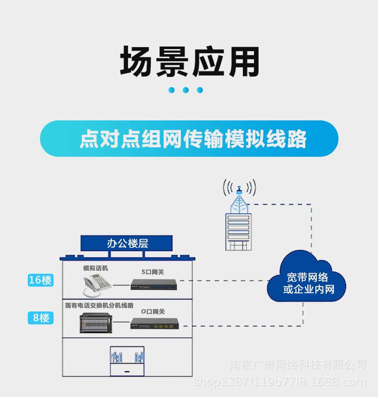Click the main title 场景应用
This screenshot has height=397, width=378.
click(x=189, y=62)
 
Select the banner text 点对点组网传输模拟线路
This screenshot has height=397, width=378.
click(x=192, y=139)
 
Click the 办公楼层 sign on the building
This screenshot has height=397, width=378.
click(x=127, y=243)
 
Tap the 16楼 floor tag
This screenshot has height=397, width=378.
click(x=40, y=280)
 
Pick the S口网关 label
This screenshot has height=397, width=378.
click(x=153, y=272)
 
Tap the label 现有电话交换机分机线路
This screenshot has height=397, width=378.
click(x=99, y=305)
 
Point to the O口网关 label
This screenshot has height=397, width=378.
click(x=153, y=311)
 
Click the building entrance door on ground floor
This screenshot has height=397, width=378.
click(x=127, y=362)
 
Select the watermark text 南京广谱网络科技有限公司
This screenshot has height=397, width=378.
click(x=298, y=365)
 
